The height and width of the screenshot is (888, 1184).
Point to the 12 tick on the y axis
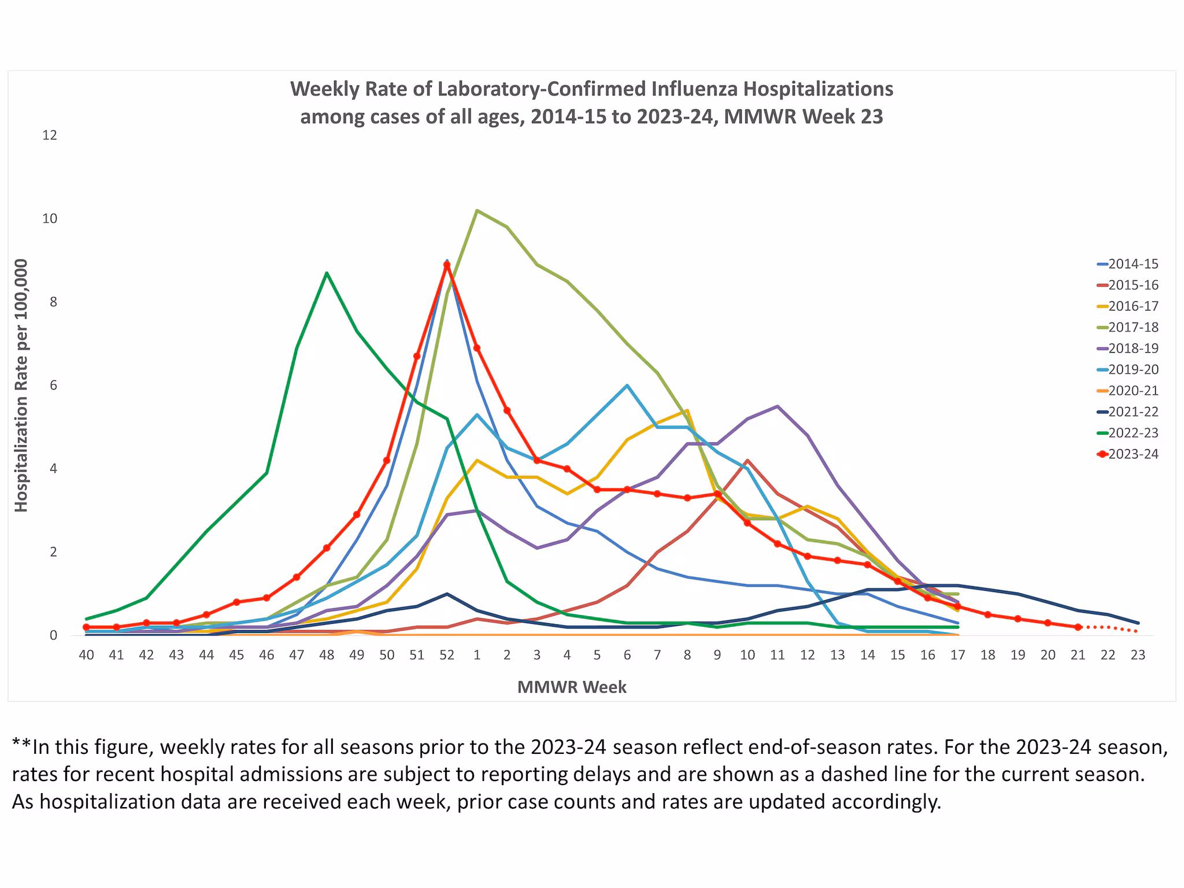pyautogui.click(x=50, y=135)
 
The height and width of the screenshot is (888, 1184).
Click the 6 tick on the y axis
pyautogui.click(x=53, y=386)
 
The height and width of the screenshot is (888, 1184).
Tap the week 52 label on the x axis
pyautogui.click(x=447, y=655)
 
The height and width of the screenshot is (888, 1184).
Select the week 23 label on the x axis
pyautogui.click(x=1138, y=655)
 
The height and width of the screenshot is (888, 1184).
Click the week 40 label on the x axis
pyautogui.click(x=86, y=655)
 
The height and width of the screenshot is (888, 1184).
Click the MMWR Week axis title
pyautogui.click(x=572, y=687)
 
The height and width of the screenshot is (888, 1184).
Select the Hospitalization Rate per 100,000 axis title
pyautogui.click(x=21, y=385)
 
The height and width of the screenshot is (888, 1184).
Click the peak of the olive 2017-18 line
pyautogui.click(x=477, y=210)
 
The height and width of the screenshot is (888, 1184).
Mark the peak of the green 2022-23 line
pyautogui.click(x=327, y=273)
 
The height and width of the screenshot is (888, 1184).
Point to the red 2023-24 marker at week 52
pyautogui.click(x=447, y=265)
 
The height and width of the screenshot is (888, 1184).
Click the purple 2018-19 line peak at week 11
pyautogui.click(x=778, y=406)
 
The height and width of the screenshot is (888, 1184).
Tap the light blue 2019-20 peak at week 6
pyautogui.click(x=627, y=386)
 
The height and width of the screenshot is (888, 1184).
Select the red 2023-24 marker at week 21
pyautogui.click(x=1078, y=627)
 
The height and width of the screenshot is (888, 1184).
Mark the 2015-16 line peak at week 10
pyautogui.click(x=748, y=461)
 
